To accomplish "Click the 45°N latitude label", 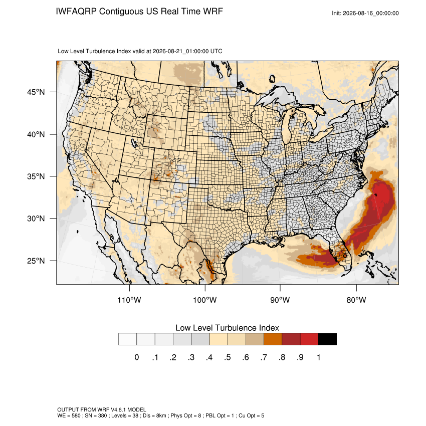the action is (36, 92).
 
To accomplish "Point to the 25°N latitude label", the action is (36, 261).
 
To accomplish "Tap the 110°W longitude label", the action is (129, 300).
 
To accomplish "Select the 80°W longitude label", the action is (356, 300).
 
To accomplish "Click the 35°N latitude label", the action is (36, 176).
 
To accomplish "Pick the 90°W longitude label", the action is (280, 300).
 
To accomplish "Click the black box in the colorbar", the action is (327, 339).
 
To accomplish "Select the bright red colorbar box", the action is (309, 339).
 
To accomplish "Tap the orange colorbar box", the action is (273, 339).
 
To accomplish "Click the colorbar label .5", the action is (228, 357).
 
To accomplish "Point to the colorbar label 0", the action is (137, 357).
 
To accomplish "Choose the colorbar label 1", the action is (318, 357).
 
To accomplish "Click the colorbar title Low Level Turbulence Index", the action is (227, 328).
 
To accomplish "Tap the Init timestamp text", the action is (365, 13).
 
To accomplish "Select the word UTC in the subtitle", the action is (217, 51).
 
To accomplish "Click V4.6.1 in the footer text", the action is (118, 409).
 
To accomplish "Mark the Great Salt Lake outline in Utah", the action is (134, 143).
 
